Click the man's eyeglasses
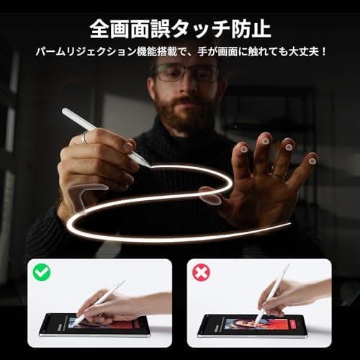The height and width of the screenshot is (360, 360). [186, 73]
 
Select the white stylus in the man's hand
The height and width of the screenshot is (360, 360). [104, 136]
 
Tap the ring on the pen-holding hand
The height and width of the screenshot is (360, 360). [84, 136]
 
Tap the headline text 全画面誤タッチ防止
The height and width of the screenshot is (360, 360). [180, 28]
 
